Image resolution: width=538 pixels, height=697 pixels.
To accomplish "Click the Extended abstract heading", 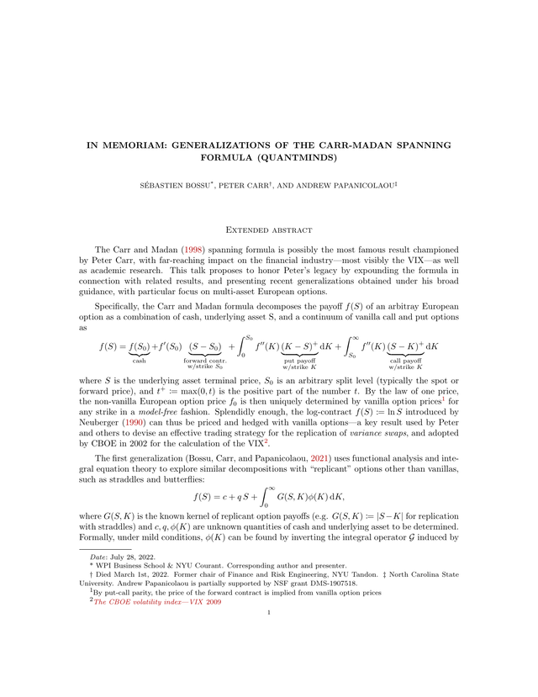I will point(268,230).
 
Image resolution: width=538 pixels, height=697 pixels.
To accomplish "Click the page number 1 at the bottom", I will point(268,659).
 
